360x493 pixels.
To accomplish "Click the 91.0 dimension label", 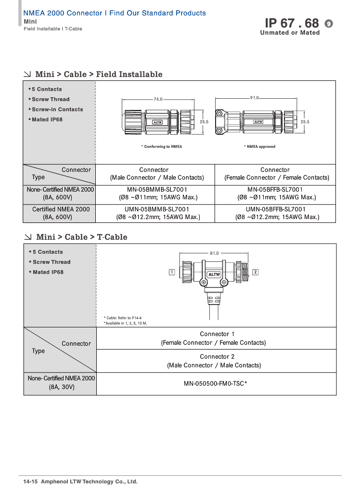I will [255, 98].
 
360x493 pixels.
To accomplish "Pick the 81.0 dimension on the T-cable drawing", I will [214, 253].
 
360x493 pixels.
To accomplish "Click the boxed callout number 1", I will [172, 272].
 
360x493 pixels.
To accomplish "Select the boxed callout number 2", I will [256, 272].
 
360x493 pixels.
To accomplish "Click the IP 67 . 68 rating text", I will [292, 23].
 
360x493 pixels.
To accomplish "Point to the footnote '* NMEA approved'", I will [259, 146].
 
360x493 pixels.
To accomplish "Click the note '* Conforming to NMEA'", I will [161, 146].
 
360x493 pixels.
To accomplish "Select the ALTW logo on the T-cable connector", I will [214, 274].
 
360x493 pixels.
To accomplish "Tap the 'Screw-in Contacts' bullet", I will [57, 109].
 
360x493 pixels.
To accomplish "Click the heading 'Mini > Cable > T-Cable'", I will [81, 237].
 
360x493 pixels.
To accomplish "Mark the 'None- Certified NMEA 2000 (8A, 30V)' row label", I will [61, 382].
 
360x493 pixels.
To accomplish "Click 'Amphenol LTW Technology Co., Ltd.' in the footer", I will [90, 481].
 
